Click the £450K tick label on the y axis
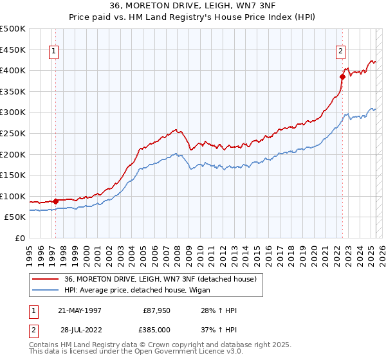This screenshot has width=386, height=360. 13,50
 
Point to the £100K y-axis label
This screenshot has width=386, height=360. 13,196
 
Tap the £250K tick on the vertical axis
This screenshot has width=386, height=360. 13,133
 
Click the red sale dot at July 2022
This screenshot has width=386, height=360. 342,76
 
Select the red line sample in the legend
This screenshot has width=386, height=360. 46,279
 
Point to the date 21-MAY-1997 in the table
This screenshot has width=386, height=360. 80,310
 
